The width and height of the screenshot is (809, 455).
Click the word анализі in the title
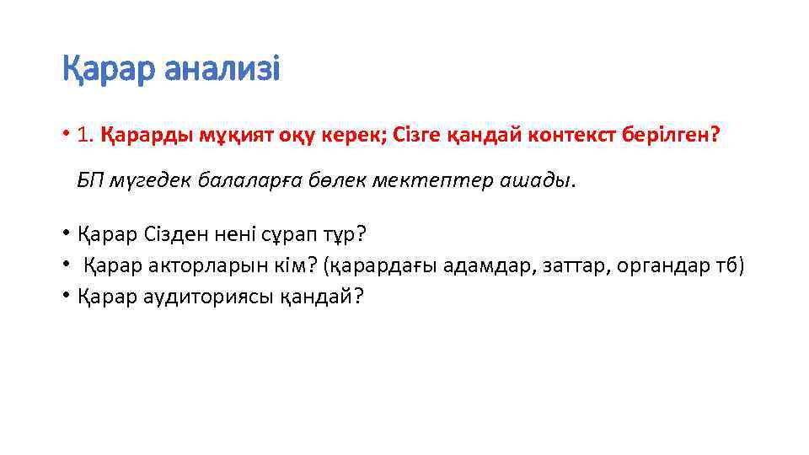[x=222, y=70]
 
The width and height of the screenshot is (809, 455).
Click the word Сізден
[x=181, y=233]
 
